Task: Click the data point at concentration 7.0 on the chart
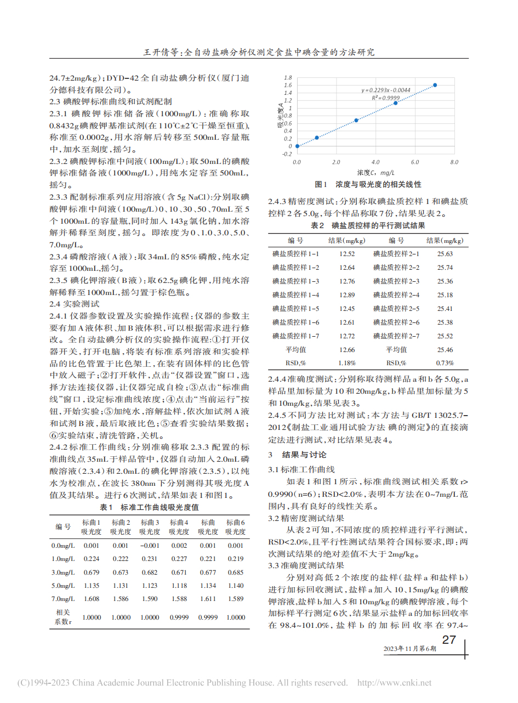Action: pyautogui.click(x=435, y=85)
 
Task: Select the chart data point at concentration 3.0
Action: pyautogui.click(x=356, y=120)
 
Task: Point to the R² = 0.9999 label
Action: pyautogui.click(x=383, y=97)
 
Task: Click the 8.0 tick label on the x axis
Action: pyautogui.click(x=453, y=163)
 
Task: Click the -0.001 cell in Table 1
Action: pyautogui.click(x=150, y=545)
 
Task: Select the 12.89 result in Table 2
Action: pyautogui.click(x=347, y=294)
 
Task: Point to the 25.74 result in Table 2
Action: pyautogui.click(x=445, y=267)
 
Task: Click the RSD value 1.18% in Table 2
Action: pyautogui.click(x=347, y=362)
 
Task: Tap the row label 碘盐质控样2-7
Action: pyautogui.click(x=396, y=336)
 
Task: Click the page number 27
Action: pyautogui.click(x=449, y=639)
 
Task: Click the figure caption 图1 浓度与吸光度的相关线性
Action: pyautogui.click(x=368, y=185)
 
